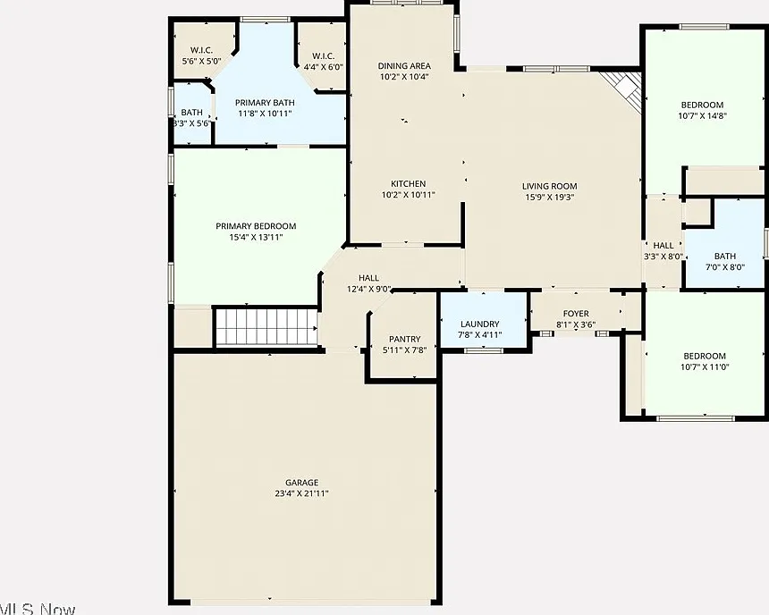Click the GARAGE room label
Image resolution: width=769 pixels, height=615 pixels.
pyautogui.click(x=301, y=483)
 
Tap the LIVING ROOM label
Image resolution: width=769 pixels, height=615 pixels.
pyautogui.click(x=549, y=186)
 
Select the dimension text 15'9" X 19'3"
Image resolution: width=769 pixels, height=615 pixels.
pyautogui.click(x=549, y=198)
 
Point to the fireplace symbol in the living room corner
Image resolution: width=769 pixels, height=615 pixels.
pyautogui.click(x=624, y=90)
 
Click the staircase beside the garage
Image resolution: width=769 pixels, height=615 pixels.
pyautogui.click(x=266, y=326)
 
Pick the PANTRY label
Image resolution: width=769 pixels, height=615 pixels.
pyautogui.click(x=404, y=339)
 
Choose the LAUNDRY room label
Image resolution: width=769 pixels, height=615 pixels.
pyautogui.click(x=479, y=324)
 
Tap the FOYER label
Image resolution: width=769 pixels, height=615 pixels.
pyautogui.click(x=576, y=314)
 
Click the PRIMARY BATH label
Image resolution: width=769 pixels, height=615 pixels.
pyautogui.click(x=265, y=103)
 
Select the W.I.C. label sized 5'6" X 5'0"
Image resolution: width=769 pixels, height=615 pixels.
pyautogui.click(x=201, y=50)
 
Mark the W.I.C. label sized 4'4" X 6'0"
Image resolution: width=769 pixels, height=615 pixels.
pyautogui.click(x=323, y=56)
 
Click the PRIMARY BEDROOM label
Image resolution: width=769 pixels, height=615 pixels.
pyautogui.click(x=256, y=226)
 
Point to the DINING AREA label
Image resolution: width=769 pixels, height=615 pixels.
pyautogui.click(x=404, y=66)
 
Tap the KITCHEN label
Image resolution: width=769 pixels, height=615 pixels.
pyautogui.click(x=408, y=183)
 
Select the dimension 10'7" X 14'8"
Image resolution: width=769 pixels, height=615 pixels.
pyautogui.click(x=702, y=115)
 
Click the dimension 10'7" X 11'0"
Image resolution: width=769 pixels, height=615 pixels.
pyautogui.click(x=705, y=366)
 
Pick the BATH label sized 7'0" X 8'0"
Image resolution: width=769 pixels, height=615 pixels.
pyautogui.click(x=725, y=256)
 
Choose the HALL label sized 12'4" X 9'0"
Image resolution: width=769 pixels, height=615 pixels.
pyautogui.click(x=368, y=278)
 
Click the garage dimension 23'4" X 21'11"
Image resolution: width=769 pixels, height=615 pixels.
pyautogui.click(x=301, y=493)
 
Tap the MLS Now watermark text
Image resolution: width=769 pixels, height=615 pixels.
pyautogui.click(x=38, y=609)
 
